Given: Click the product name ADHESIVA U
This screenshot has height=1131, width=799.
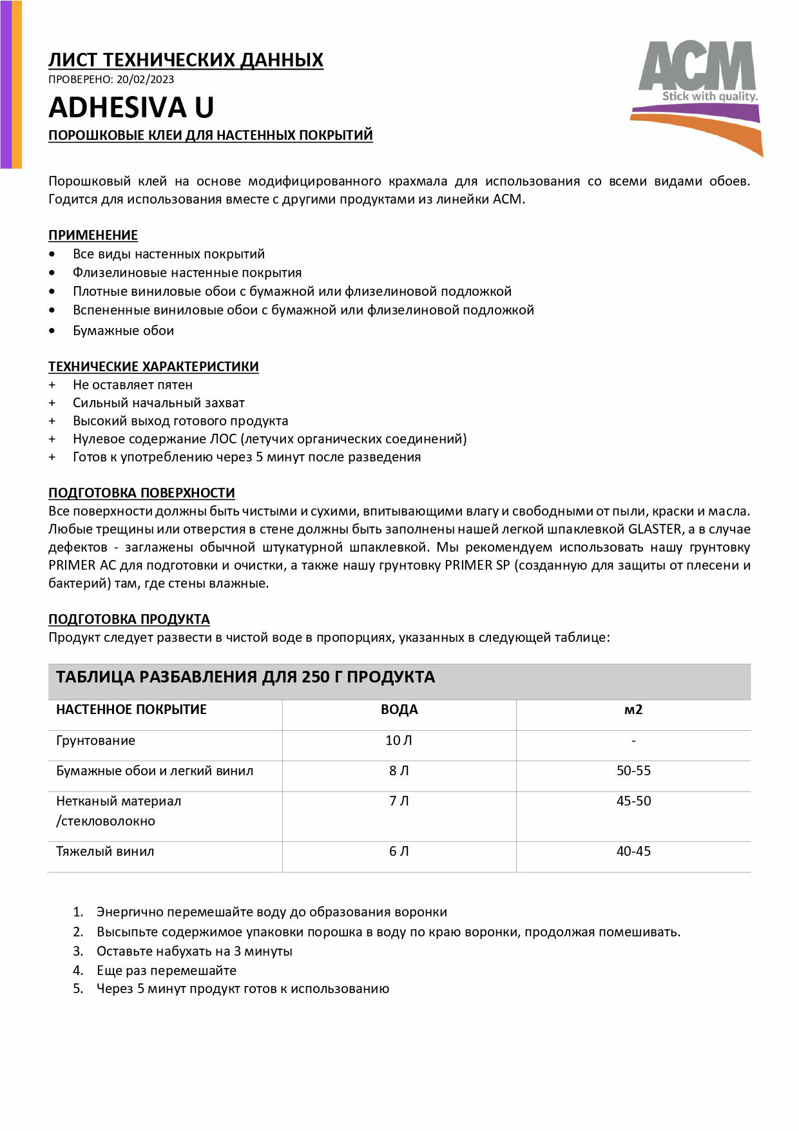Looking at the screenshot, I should click(131, 108).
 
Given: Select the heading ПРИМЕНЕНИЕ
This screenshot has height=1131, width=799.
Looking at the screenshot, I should click(93, 235).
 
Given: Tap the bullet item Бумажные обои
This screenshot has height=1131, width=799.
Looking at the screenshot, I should click(123, 331).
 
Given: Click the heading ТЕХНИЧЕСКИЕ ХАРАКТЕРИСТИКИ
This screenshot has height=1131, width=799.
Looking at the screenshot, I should click(153, 367).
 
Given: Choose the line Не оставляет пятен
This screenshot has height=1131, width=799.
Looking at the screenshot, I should click(132, 385).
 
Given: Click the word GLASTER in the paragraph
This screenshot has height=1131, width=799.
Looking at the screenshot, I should click(654, 529).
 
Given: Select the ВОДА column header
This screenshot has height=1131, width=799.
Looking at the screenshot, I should click(399, 710).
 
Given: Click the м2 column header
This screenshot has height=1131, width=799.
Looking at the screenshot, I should click(633, 710).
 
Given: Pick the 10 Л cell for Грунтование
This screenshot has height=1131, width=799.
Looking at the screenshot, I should click(399, 740).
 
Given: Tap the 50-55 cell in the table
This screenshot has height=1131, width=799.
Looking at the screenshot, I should click(633, 771).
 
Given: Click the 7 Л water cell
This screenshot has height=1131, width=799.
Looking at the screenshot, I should click(399, 801).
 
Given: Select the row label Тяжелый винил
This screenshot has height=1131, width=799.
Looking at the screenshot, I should click(105, 851).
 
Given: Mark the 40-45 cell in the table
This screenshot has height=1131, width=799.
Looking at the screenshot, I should click(633, 851).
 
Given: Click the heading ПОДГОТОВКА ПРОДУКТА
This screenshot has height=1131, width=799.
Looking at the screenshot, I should click(129, 619).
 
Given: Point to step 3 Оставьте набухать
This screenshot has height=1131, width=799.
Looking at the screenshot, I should click(194, 951).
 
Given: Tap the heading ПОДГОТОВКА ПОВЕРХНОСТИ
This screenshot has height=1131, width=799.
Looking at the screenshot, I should click(141, 493).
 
